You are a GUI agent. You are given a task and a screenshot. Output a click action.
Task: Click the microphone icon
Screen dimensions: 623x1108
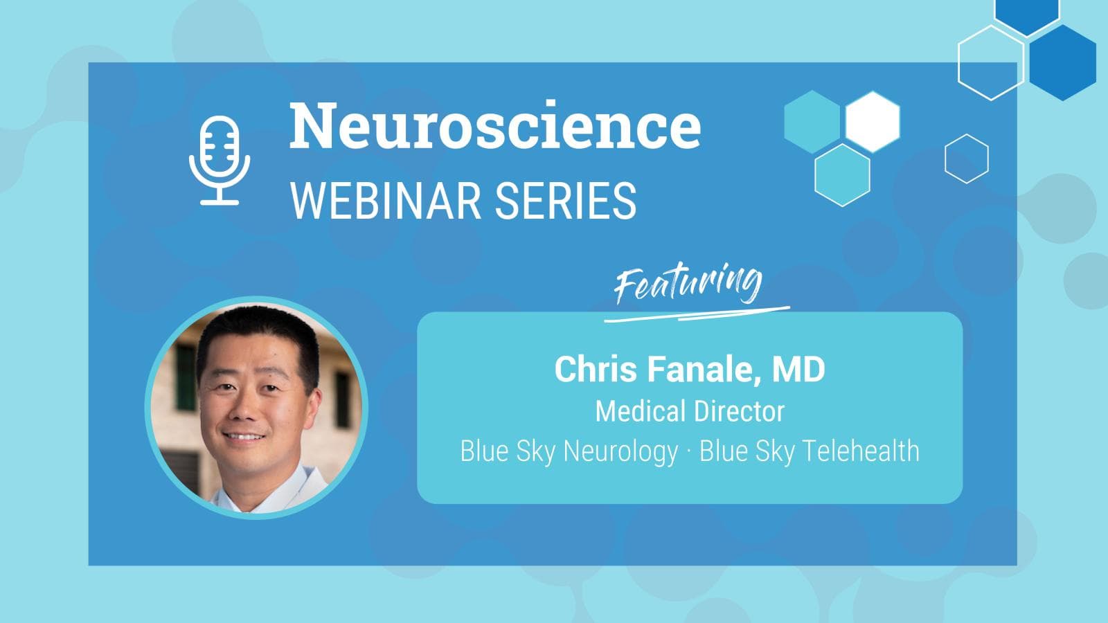220,160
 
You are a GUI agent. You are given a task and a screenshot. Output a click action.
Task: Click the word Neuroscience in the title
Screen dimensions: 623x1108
494,125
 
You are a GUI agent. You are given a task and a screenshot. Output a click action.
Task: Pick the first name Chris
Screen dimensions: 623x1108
598,369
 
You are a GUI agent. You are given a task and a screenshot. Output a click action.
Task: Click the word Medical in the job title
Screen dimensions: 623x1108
638,411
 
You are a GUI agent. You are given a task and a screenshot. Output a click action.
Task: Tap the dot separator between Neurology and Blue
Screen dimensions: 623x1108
688,452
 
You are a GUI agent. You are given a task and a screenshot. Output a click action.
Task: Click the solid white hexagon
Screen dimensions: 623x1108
873,122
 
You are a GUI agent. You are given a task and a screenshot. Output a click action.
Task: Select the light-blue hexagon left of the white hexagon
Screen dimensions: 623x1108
812,122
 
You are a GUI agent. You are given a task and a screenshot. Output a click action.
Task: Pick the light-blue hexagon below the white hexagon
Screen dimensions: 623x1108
842,174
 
